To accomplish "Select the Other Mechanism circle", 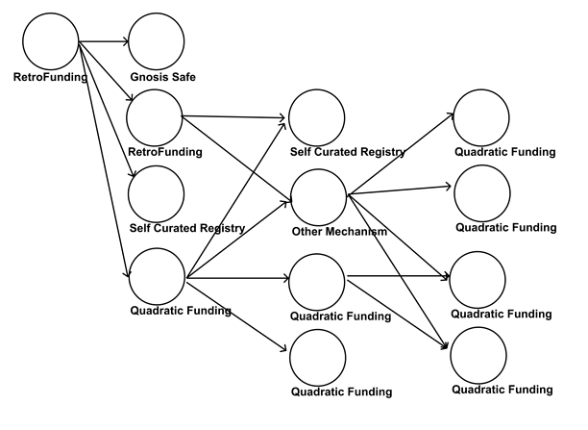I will tap(318, 197).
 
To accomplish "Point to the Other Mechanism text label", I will tap(339, 232).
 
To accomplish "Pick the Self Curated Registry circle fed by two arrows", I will tap(317, 117).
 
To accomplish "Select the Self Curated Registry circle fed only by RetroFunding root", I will tap(156, 192).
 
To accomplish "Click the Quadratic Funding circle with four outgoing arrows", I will tap(156, 275).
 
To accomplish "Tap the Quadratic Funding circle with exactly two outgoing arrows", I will tap(317, 281).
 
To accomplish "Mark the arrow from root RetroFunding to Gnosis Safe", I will tap(103, 41).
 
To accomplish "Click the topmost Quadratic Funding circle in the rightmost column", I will tap(481, 117).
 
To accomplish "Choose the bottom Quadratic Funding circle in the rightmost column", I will tap(480, 355).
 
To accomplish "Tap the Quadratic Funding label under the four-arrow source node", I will tap(180, 310).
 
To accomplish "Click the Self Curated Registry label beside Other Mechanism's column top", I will tap(347, 152).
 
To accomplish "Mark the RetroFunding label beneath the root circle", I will tap(51, 76).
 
